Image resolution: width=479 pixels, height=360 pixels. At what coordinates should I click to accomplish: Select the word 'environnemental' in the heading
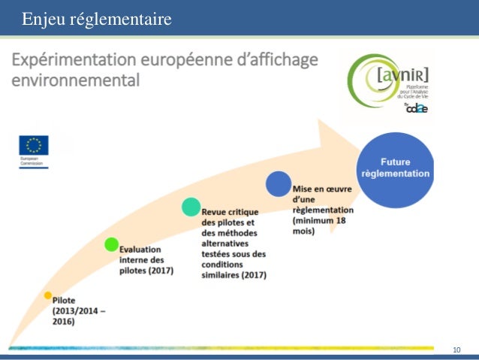pyautogui.click(x=74, y=80)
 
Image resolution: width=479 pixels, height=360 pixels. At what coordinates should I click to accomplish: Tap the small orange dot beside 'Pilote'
pyautogui.click(x=48, y=295)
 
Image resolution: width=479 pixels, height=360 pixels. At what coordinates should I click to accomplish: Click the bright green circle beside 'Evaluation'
pyautogui.click(x=111, y=244)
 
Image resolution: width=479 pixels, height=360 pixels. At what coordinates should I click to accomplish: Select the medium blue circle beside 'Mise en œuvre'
pyautogui.click(x=278, y=183)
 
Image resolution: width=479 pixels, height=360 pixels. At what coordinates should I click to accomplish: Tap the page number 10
pyautogui.click(x=456, y=350)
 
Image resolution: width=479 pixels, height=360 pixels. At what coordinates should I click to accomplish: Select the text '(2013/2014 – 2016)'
pyautogui.click(x=79, y=316)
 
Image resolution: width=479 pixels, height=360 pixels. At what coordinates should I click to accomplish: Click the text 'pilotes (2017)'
pyautogui.click(x=147, y=271)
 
